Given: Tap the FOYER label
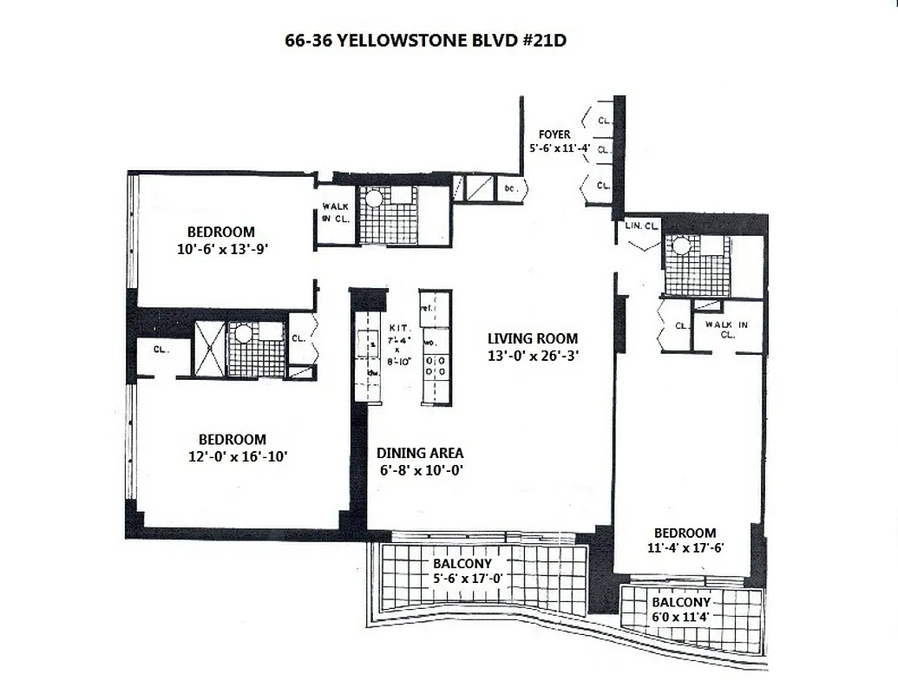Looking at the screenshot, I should pyautogui.click(x=554, y=134).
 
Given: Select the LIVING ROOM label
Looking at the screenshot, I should pyautogui.click(x=532, y=338).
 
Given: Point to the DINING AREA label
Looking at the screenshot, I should pyautogui.click(x=420, y=453).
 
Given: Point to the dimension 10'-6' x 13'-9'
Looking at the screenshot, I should pyautogui.click(x=221, y=248).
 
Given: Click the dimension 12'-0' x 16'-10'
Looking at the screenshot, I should pyautogui.click(x=232, y=456).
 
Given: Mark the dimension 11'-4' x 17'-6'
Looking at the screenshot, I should pyautogui.click(x=685, y=548).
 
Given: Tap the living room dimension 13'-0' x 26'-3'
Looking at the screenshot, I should pyautogui.click(x=532, y=355).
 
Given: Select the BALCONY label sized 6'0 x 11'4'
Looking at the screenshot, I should pyautogui.click(x=682, y=602).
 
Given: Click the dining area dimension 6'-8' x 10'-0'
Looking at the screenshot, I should pyautogui.click(x=420, y=470).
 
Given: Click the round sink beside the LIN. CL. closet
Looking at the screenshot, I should pyautogui.click(x=680, y=247).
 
